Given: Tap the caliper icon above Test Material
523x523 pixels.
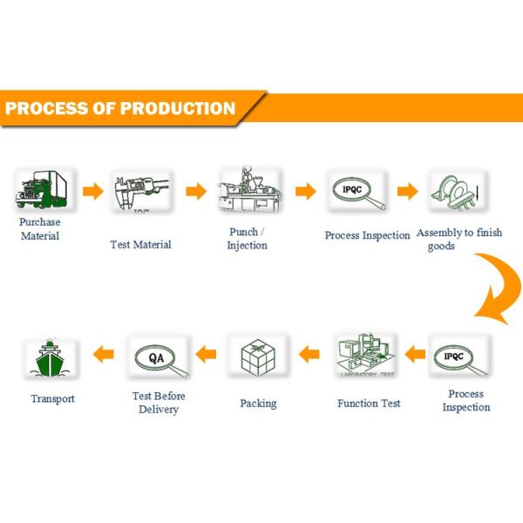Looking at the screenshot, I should [140, 192].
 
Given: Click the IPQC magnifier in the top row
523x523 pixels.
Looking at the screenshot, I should [357, 192].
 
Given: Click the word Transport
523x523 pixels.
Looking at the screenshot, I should [52, 398].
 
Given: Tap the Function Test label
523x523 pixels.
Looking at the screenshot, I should [369, 404].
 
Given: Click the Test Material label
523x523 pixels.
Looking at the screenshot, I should [140, 244].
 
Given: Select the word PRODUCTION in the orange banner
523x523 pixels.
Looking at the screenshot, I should [178, 109].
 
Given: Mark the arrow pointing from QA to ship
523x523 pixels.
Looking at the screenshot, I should [104, 354].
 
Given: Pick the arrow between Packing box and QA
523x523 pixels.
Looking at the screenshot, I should [206, 354].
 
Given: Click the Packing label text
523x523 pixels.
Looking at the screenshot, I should [258, 404].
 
